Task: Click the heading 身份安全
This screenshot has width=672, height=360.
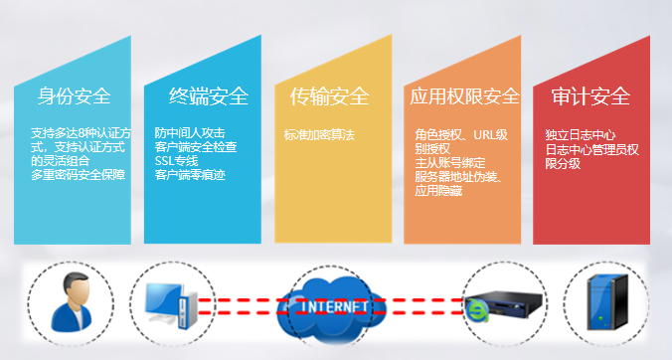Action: [x=74, y=96]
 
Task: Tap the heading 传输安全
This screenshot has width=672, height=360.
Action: [x=329, y=96]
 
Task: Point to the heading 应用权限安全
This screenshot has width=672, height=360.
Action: [x=464, y=96]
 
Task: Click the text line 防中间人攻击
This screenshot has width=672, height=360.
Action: [x=190, y=133]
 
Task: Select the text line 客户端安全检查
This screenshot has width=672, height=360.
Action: [x=196, y=147]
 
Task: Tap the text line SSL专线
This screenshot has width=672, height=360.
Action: [x=176, y=161]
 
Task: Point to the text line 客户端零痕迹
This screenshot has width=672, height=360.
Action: [x=190, y=175]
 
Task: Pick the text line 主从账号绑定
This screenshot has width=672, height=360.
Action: [x=448, y=163]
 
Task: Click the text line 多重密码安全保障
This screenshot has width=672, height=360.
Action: [x=78, y=175]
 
